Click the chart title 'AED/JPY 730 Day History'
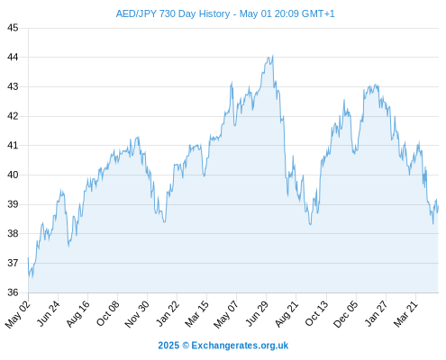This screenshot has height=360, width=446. (x=173, y=13)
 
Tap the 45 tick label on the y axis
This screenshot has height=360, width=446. (x=13, y=28)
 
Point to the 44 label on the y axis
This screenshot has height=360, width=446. (x=13, y=57)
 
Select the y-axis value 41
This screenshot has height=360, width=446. (x=13, y=146)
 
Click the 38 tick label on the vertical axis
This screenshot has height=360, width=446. (x=13, y=233)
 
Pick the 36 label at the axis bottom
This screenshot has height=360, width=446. (x=13, y=292)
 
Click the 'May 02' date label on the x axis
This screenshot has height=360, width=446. (x=18, y=314)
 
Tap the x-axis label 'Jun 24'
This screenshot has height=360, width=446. (x=49, y=313)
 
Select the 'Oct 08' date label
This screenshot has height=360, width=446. (x=108, y=313)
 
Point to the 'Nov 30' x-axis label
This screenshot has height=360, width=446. (x=137, y=314)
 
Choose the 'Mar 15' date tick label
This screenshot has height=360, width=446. (x=196, y=313)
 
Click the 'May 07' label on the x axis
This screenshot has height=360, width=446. (x=226, y=314)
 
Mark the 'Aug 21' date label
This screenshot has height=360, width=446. (x=287, y=313)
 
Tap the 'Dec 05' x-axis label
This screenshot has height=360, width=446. (x=346, y=314)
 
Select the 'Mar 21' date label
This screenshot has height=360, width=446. (x=405, y=313)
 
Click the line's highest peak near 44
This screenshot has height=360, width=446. (x=273, y=55)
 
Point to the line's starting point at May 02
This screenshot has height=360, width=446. (x=28, y=257)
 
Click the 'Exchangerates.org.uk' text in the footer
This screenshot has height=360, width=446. (x=240, y=346)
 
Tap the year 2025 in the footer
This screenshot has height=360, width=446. (x=168, y=346)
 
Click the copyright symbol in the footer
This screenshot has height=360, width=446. (x=186, y=346)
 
